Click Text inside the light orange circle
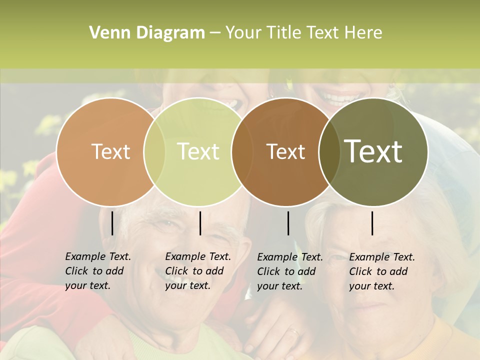click(110, 151)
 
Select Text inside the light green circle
click(198, 151)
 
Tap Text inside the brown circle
click(285, 151)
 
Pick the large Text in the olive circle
click(373, 151)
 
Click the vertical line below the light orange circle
click(112, 223)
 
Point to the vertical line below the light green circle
click(200, 223)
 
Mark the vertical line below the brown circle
click(288, 223)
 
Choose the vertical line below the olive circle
click(372, 223)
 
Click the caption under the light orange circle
click(98, 271)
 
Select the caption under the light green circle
click(198, 271)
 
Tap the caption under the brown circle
click(290, 271)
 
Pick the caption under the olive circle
click(382, 271)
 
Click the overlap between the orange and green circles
click(154, 152)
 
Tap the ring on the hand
click(294, 331)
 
